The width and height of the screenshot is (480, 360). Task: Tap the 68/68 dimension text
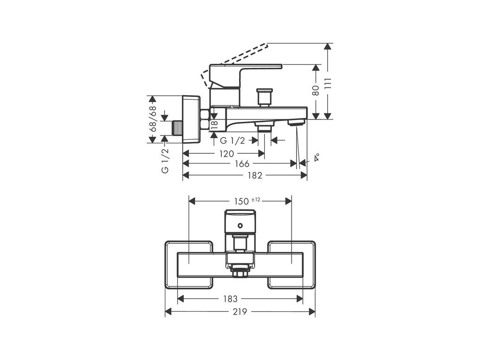(x=152, y=120)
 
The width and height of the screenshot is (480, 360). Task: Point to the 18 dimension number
(x=214, y=125)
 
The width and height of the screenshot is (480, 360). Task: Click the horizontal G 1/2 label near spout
(x=232, y=141)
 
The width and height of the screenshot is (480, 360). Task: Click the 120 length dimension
(x=227, y=153)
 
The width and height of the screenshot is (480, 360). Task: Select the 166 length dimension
(x=241, y=164)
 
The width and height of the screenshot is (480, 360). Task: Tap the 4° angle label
(x=317, y=157)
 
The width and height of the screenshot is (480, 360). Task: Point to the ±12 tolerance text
(x=255, y=199)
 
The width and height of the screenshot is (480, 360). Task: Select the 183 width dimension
(x=230, y=299)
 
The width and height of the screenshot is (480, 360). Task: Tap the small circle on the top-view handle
(x=241, y=226)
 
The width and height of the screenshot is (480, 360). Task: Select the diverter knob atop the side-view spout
(x=264, y=97)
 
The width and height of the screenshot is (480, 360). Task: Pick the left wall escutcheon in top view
(x=188, y=265)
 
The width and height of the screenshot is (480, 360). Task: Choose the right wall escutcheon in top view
(x=291, y=265)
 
